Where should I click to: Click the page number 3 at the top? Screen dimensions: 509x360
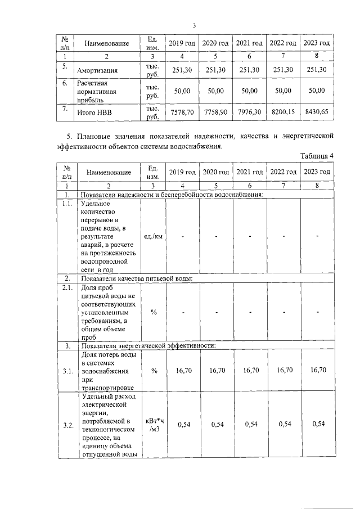click(193, 25)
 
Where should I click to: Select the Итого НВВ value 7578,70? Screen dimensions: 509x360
click(182, 112)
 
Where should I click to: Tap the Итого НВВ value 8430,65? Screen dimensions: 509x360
click(317, 112)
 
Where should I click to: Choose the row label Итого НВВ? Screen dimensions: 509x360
click(94, 112)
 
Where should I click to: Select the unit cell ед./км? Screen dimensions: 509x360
click(154, 236)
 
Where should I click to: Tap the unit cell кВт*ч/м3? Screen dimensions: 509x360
click(154, 425)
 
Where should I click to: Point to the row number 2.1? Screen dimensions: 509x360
click(67, 288)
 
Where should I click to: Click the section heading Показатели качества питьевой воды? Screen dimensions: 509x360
click(137, 278)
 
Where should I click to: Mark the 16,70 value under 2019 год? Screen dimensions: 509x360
click(182, 371)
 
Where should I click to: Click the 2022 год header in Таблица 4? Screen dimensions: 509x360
click(283, 172)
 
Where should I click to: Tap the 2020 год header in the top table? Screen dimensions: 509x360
click(215, 43)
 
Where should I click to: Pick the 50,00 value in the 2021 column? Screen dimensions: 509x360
click(250, 91)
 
